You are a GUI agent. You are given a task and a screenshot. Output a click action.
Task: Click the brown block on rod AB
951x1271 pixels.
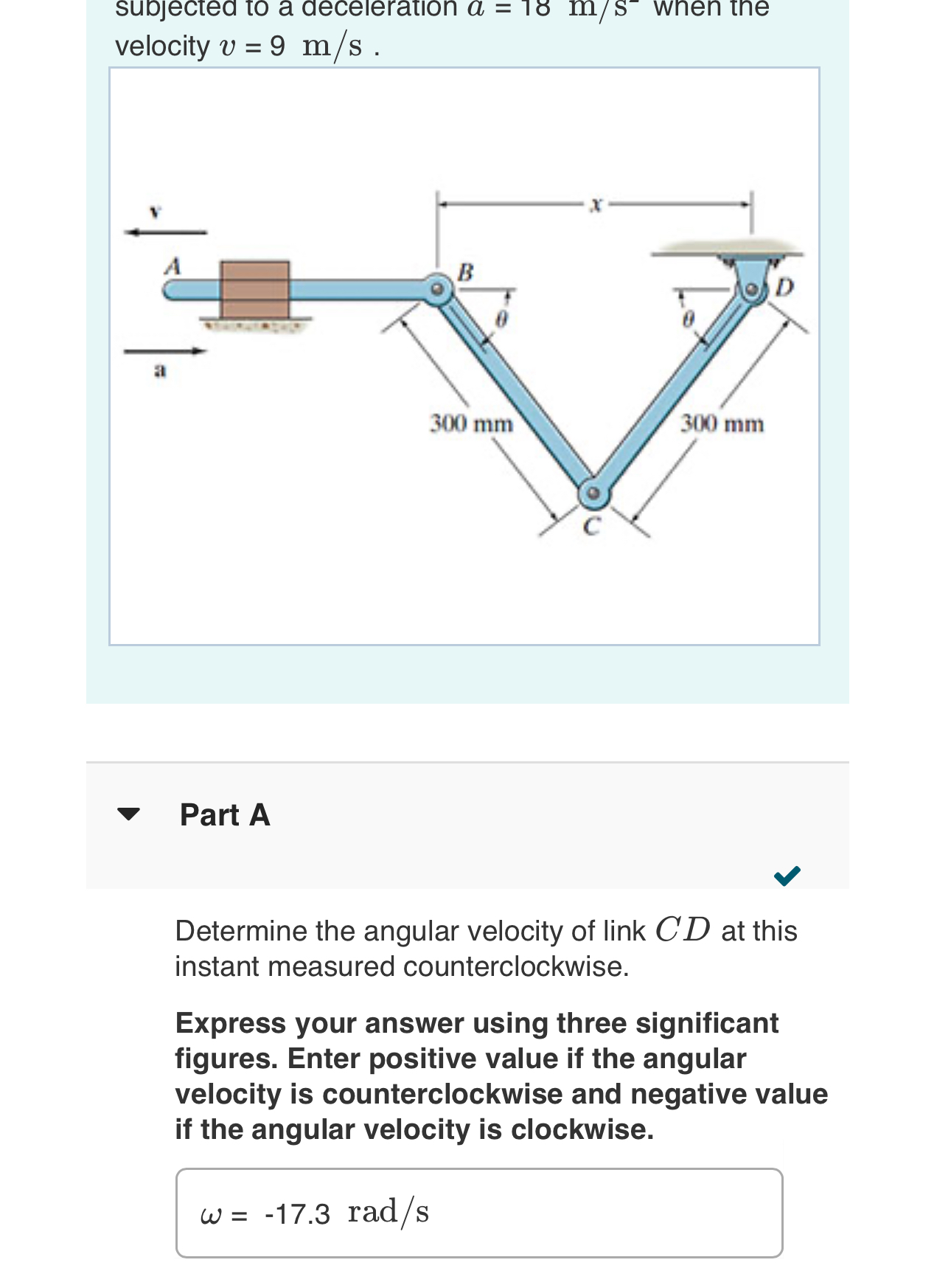255,289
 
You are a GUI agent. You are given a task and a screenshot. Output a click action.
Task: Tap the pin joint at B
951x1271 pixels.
437,288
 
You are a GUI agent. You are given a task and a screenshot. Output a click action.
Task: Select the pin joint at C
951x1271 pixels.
592,493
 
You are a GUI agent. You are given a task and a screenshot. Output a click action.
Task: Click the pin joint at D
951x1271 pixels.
752,289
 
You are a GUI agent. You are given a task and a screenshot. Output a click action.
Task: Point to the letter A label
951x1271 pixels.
173,266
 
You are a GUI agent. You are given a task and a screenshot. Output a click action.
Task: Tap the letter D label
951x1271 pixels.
784,287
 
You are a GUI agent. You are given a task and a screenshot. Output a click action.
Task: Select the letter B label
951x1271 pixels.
465,271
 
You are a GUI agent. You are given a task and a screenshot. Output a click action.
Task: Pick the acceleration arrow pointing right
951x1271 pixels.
165,351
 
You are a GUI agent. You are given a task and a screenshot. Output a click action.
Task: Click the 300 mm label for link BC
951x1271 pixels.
472,424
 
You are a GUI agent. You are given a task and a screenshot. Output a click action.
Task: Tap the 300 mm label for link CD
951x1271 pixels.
722,424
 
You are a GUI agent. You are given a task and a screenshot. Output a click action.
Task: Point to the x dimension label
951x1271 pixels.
596,206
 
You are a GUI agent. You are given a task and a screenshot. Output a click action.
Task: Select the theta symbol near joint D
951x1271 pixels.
688,320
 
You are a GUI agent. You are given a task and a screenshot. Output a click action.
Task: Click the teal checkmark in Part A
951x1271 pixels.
787,876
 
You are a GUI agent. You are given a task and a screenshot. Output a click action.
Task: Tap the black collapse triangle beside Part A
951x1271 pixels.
128,814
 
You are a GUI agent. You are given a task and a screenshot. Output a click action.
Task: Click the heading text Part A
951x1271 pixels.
225,815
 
